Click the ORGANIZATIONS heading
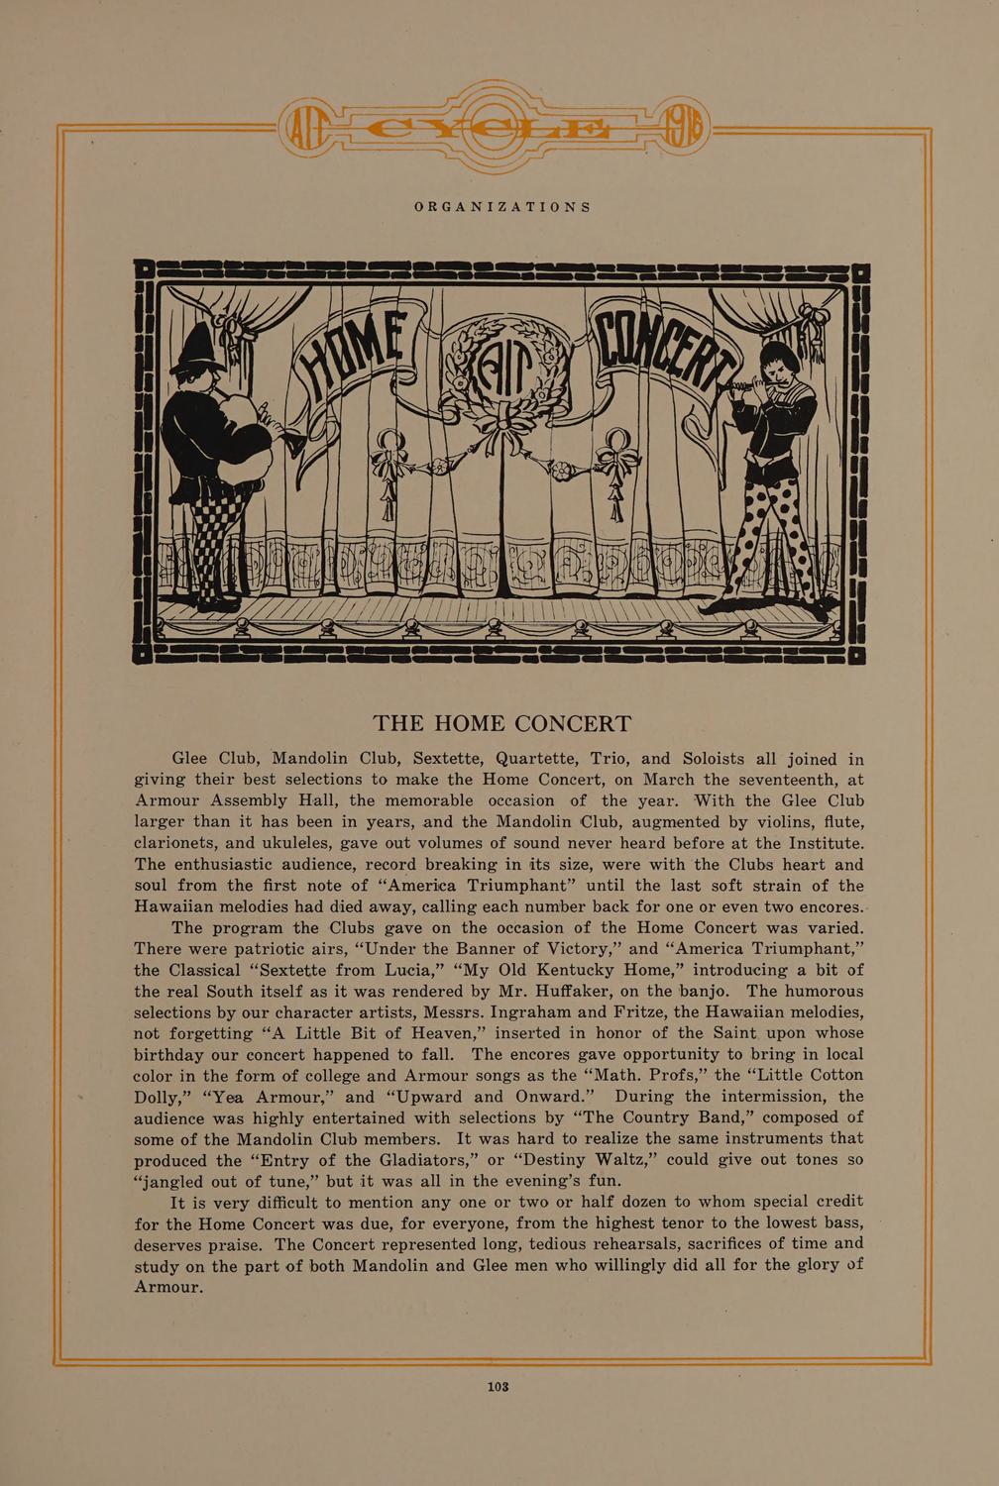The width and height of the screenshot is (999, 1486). point(502,207)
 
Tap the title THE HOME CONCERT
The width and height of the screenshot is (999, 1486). point(501,724)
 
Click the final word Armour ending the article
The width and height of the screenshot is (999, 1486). point(168,1287)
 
